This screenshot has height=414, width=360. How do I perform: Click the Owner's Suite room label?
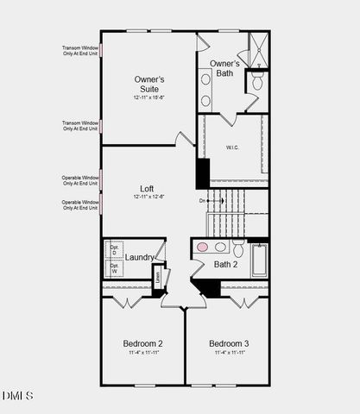point(149,84)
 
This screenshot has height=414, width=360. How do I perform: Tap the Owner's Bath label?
point(224,68)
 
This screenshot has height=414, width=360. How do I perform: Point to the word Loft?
point(148,188)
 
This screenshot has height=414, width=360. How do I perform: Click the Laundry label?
point(140,257)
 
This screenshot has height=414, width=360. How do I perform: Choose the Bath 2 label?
point(225,264)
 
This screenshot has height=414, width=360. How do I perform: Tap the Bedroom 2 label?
point(142,343)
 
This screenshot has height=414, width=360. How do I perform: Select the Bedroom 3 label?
point(229,343)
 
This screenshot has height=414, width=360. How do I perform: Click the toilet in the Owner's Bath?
point(257,82)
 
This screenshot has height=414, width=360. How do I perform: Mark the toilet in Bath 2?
point(237,248)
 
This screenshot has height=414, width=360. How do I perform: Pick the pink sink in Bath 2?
point(203,247)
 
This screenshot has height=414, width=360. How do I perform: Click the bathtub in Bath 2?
point(259,260)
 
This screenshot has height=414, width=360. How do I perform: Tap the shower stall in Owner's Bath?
point(258,49)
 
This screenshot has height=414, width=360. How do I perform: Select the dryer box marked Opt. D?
point(114,250)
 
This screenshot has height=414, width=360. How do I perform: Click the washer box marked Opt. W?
point(114,268)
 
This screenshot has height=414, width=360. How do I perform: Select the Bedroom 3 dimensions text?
point(229,353)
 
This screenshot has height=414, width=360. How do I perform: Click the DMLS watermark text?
point(18,396)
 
